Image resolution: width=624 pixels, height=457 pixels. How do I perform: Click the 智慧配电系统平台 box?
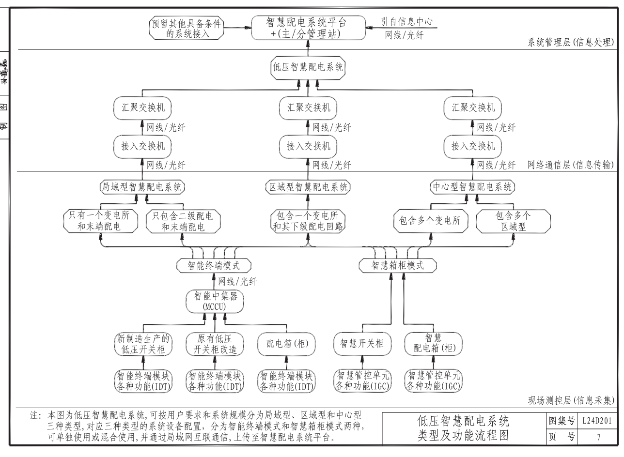click(307, 28)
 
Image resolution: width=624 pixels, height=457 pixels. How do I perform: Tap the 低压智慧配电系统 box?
click(307, 67)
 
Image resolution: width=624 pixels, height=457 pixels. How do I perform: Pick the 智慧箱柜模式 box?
click(397, 265)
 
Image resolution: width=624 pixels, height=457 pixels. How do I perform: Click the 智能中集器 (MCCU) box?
click(215, 301)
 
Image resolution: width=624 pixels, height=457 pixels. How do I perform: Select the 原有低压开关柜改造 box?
click(215, 344)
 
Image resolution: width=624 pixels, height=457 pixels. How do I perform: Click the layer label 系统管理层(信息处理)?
click(571, 42)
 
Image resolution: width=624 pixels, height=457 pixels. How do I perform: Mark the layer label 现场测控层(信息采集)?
click(571, 400)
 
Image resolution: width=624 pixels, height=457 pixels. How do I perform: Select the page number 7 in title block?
click(598, 437)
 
